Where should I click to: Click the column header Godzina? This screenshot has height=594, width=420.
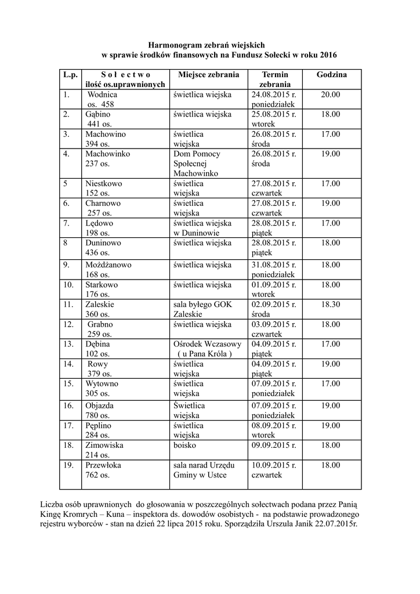[x=332, y=75]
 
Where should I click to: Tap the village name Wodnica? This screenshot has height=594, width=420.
[x=102, y=95]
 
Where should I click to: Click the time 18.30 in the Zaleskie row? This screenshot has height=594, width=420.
[x=331, y=304]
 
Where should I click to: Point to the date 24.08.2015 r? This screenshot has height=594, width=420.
[x=274, y=95]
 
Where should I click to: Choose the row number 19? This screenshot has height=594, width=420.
[x=68, y=465]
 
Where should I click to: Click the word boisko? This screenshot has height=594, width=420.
[x=184, y=445]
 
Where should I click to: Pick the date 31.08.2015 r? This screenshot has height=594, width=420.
[x=274, y=265]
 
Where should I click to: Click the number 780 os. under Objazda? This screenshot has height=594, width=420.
[x=97, y=415]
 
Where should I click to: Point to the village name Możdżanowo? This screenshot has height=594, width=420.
[x=108, y=265]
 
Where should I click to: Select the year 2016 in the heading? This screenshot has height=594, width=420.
[x=327, y=55]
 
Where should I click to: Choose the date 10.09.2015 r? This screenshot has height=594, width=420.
[x=274, y=465]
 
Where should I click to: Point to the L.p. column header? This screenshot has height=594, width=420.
[x=70, y=75]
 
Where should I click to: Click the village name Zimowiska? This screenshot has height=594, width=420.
[x=104, y=445]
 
